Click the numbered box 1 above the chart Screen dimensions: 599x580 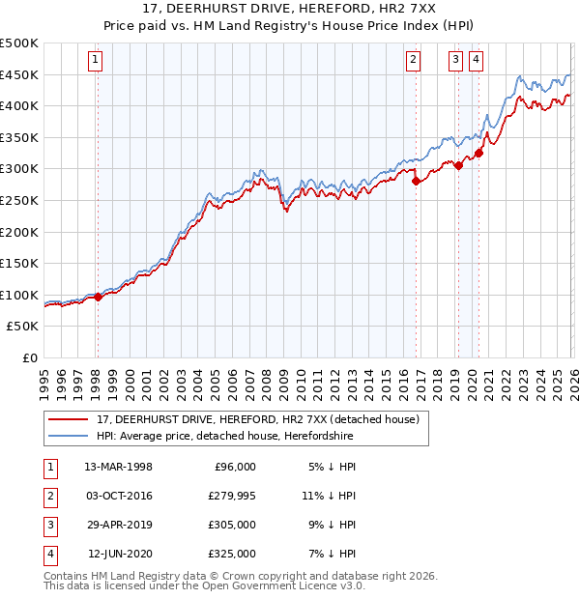(x=96, y=60)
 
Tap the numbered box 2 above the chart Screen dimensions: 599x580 (x=413, y=60)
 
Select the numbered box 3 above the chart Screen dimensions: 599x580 (x=455, y=60)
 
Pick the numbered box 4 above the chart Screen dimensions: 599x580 (x=477, y=60)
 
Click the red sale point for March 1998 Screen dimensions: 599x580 (x=98, y=298)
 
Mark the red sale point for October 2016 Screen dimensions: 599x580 (x=416, y=181)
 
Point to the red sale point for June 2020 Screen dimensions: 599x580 (x=478, y=153)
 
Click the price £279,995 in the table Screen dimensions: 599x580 (x=229, y=496)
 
